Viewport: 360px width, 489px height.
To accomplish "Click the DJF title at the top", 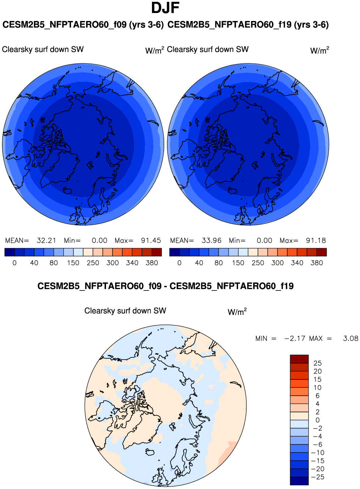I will tap(165, 8).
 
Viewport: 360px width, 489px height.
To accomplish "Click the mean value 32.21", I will tap(46, 241).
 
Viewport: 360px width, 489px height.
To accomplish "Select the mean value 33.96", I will tap(211, 241).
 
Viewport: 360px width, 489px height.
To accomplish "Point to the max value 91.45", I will tap(151, 241).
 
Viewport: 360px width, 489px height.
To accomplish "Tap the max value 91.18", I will tap(316, 241).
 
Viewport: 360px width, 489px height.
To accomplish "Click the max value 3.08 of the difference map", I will tap(350, 339).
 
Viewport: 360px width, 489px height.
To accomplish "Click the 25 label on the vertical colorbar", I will tap(317, 363).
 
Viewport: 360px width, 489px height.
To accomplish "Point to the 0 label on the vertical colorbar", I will tap(317, 420).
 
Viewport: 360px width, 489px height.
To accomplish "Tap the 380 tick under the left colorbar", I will tap(152, 263).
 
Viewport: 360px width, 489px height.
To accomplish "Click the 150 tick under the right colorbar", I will tap(238, 263).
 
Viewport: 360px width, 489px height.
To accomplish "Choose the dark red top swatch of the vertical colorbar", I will tap(299, 359).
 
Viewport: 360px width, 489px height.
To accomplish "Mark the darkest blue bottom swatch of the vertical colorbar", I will tap(299, 481).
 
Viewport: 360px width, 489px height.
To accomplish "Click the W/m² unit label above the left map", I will tap(154, 50).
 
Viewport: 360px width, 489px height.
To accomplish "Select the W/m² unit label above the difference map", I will tap(237, 312).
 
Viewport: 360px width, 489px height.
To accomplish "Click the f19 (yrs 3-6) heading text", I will tap(248, 25).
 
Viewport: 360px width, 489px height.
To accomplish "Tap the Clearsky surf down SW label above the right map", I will tap(208, 50).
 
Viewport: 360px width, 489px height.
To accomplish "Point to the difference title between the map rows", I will tap(165, 286).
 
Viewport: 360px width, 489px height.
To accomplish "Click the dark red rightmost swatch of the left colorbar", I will tap(157, 252).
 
